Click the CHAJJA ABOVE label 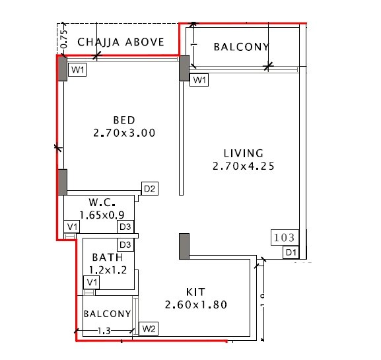(x=121, y=42)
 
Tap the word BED (x=124, y=120)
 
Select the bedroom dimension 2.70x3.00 (x=124, y=133)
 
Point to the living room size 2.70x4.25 (x=243, y=166)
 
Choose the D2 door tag (x=150, y=190)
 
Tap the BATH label (x=107, y=257)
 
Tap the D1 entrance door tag (x=290, y=252)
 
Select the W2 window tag (x=147, y=328)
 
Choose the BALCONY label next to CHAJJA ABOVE (x=242, y=47)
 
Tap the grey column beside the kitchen (x=184, y=246)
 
